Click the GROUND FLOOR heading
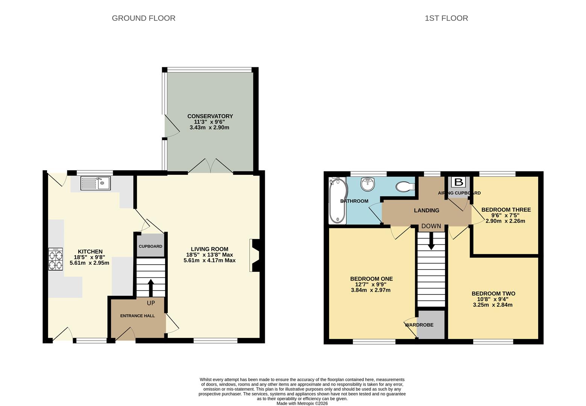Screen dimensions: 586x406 coord(144,18)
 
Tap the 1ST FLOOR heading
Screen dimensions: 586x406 coord(446,18)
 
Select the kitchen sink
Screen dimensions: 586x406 coord(96,183)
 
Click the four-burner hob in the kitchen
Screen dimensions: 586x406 coord(55,259)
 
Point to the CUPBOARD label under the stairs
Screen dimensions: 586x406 coord(150,246)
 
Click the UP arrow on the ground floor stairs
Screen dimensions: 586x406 coord(151,288)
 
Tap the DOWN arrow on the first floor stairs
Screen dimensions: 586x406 coord(431,241)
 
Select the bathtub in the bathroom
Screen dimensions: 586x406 coord(337,201)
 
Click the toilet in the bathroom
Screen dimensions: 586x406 coord(405,187)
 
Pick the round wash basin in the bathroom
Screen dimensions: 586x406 coord(368,184)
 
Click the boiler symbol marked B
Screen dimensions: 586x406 coord(458,182)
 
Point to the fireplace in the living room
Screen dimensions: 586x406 coord(255,255)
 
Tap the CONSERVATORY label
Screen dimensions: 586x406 coord(210,116)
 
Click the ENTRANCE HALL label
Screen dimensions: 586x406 coord(137,316)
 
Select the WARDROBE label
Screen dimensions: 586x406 coord(419,325)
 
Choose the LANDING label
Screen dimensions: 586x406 coord(427,211)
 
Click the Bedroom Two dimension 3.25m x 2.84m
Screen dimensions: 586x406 coord(493,305)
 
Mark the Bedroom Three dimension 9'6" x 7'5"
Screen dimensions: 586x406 coord(506,215)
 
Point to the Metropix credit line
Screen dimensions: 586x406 coord(302,403)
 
